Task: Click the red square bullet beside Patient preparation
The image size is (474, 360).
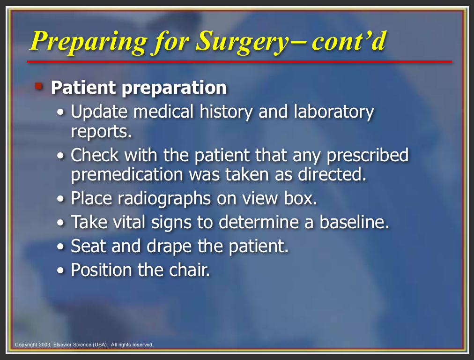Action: [38, 86]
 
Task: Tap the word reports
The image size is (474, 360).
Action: [101, 132]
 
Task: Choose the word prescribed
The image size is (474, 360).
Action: [368, 156]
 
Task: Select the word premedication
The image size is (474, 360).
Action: [127, 174]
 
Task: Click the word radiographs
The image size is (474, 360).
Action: [164, 199]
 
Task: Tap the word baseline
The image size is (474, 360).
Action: [354, 222]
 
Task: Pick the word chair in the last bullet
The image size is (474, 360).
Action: [189, 270]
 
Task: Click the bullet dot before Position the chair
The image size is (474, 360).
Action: [61, 270]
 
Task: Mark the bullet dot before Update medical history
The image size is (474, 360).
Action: [61, 112]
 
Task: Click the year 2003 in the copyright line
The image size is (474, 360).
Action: [45, 345]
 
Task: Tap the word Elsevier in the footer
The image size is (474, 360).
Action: [63, 345]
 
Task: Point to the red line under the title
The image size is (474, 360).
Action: [239, 61]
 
